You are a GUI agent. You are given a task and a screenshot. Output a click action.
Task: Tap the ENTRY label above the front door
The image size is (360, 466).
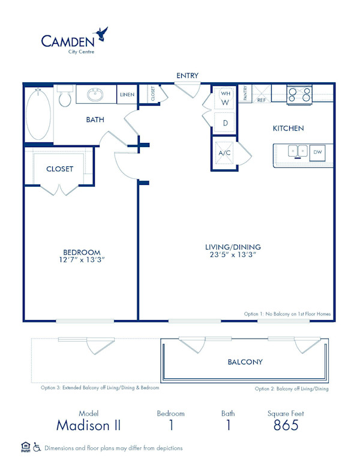187,75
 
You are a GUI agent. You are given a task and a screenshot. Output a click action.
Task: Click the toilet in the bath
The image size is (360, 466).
65,97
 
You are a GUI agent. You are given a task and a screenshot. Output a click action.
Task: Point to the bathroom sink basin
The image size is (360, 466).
96,95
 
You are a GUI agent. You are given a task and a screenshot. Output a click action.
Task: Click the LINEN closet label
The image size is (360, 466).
127,95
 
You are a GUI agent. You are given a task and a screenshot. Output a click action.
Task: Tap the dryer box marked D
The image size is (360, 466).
226,123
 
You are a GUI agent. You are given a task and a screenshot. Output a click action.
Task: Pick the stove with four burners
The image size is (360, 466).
299,94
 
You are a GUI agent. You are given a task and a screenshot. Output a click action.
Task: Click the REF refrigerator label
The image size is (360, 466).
262,100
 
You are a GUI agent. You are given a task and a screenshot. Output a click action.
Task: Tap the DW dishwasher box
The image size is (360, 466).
318,153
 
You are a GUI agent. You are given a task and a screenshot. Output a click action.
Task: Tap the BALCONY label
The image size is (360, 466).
245,362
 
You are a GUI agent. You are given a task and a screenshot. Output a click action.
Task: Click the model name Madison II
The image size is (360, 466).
88,426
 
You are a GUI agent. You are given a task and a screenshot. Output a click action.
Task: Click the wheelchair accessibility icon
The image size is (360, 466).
37,447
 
